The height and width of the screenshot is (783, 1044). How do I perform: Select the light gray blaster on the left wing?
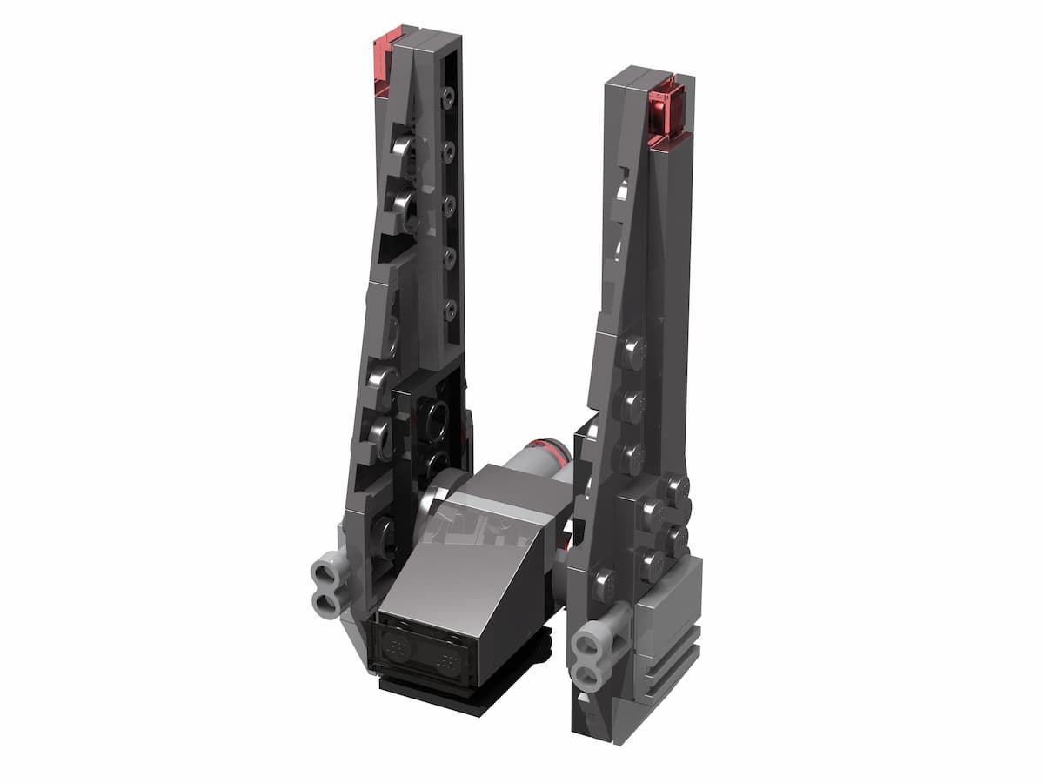tap(326, 581)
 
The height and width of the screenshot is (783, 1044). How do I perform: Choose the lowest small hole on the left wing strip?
tap(449, 308)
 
